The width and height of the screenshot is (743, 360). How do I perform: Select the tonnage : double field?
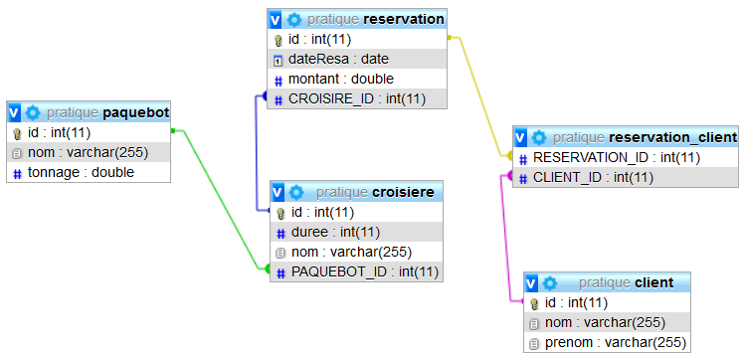click(80, 172)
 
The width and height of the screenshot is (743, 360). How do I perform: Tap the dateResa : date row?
click(332, 60)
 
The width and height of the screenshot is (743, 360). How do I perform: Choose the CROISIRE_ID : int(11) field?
click(356, 97)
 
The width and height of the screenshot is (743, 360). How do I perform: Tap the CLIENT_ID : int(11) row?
click(593, 177)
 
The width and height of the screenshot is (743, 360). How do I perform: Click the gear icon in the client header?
click(550, 282)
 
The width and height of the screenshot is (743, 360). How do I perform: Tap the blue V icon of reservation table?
click(276, 19)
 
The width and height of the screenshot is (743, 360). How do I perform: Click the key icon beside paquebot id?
click(17, 133)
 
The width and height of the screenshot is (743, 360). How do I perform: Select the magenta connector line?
click(510, 239)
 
